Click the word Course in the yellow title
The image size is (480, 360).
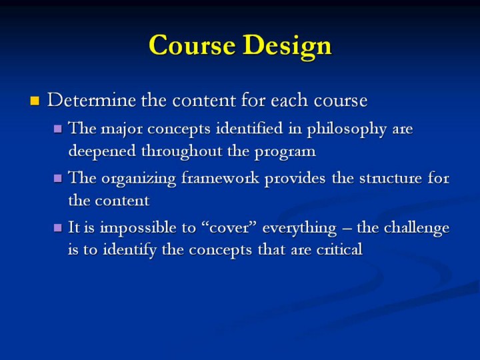point(192,45)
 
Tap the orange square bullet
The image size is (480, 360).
point(35,101)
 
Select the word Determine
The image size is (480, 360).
point(91,100)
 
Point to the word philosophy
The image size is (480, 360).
point(347,129)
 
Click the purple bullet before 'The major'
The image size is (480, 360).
point(57,129)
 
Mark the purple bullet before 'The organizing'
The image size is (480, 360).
point(57,178)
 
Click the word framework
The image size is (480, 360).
point(220,178)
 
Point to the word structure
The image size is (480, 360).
point(390,179)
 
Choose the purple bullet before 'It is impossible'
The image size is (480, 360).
point(57,228)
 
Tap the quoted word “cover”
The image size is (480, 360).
point(229,228)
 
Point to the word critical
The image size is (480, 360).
point(339,249)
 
